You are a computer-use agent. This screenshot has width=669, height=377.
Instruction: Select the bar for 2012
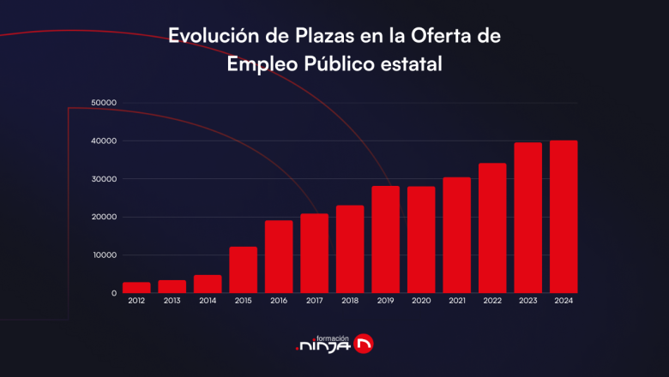[136, 287]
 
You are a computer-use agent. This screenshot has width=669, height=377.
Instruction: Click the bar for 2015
[243, 270]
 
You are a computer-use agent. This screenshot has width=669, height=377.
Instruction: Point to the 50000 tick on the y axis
[103, 103]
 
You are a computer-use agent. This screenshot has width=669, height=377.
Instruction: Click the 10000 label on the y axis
[103, 255]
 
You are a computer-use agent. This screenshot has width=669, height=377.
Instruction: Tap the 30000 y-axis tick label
[103, 179]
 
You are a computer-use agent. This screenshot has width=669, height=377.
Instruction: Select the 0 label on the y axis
[113, 293]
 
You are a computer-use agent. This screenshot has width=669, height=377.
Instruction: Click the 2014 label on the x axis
[208, 302]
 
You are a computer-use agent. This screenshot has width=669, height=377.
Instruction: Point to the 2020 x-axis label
[420, 302]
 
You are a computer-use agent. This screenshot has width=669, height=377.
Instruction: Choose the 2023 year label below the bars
[527, 302]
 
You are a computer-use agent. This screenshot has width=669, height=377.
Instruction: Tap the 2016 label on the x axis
[279, 302]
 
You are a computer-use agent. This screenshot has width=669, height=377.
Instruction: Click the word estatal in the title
[414, 64]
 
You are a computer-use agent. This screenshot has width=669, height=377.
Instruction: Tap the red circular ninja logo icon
[364, 344]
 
